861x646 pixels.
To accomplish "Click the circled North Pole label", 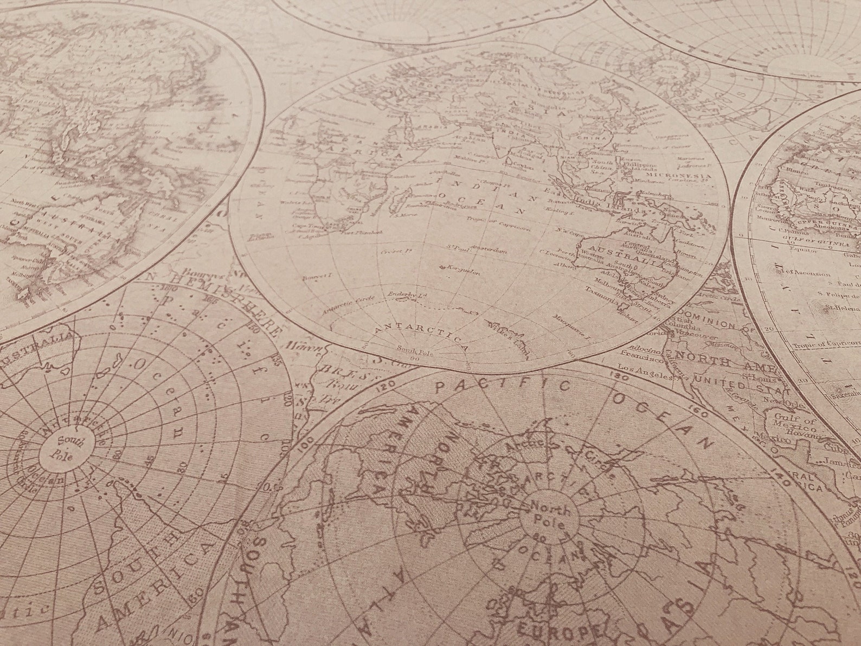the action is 550,517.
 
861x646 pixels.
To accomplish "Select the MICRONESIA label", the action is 683,176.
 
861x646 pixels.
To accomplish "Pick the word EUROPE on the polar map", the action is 558,630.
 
